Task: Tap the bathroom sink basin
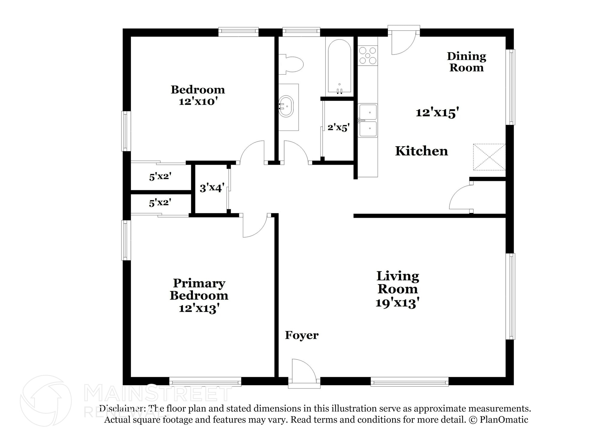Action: tap(286, 106)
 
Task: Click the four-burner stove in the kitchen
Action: tap(368, 56)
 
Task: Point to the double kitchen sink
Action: tap(368, 120)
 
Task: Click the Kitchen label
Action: tap(422, 151)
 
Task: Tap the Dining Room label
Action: tap(466, 62)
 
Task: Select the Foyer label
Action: tap(302, 335)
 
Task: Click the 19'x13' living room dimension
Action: tap(397, 303)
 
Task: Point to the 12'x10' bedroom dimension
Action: tap(198, 102)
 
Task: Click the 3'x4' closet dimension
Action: tap(212, 188)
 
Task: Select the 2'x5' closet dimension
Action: tap(338, 128)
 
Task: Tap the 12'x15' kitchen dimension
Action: tap(437, 113)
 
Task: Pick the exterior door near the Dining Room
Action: tap(403, 40)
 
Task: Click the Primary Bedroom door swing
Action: tap(254, 226)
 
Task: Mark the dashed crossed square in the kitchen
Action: tap(489, 157)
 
